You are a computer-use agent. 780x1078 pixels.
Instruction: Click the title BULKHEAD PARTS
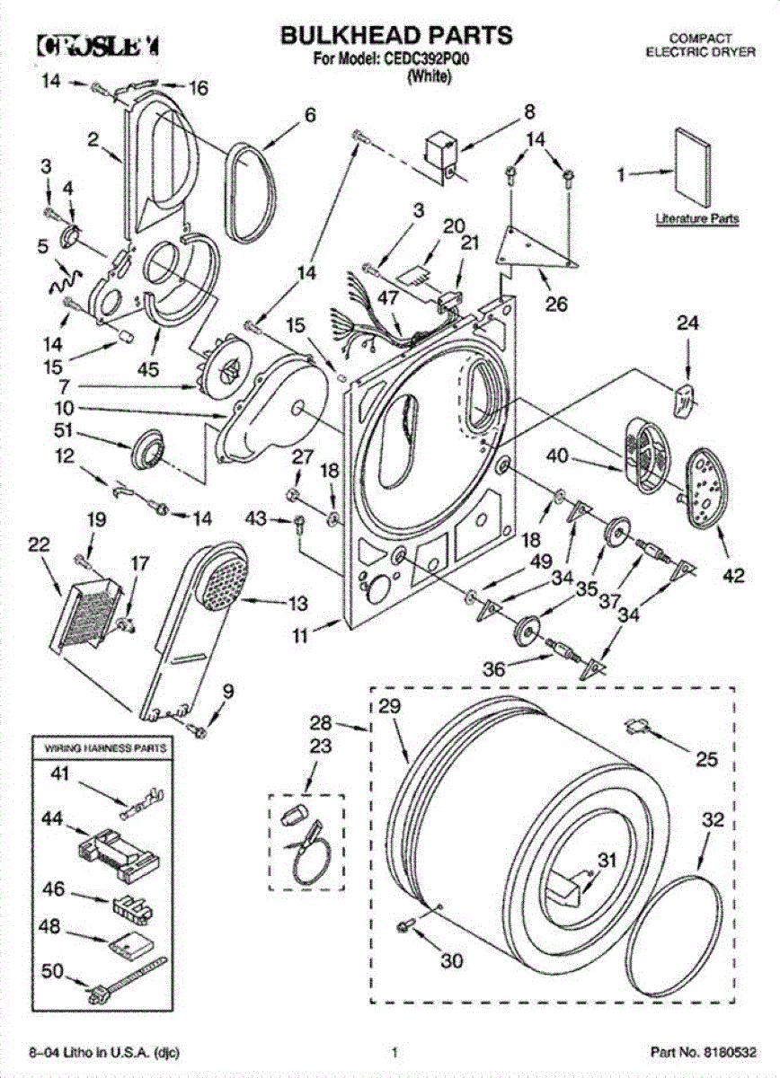pos(396,36)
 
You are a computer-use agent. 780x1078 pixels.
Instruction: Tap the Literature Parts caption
pos(696,218)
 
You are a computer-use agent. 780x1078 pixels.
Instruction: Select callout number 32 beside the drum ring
pos(713,819)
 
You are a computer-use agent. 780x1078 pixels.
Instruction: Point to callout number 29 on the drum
pos(387,706)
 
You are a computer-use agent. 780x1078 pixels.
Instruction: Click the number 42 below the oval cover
pos(733,578)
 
